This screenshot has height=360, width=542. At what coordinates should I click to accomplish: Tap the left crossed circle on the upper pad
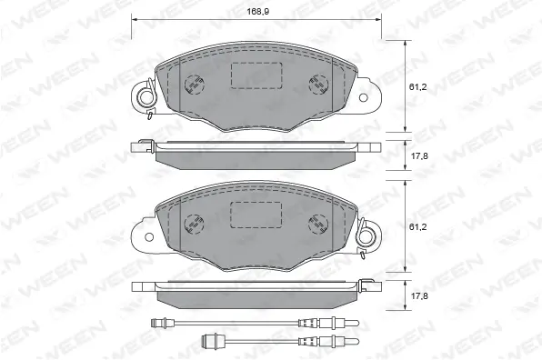[194, 85]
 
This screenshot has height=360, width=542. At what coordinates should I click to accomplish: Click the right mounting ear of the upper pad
[367, 92]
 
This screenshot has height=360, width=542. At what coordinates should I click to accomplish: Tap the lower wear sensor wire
[264, 341]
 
